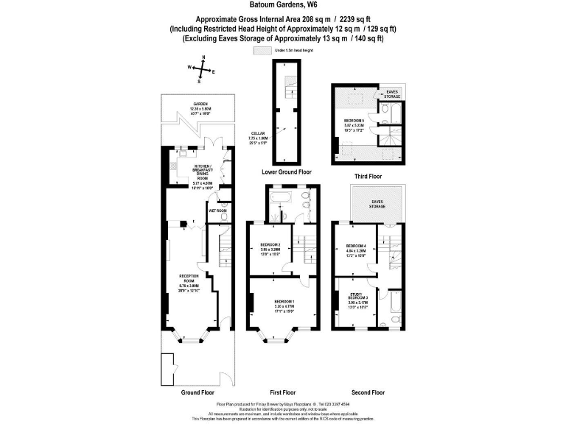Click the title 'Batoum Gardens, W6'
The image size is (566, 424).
[x=282, y=6]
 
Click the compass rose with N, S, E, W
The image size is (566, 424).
[x=200, y=71]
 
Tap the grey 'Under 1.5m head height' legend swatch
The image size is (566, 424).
[x=262, y=50]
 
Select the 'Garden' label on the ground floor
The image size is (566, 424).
[x=200, y=107]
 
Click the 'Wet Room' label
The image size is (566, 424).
[x=217, y=211]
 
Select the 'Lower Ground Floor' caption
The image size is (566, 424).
[x=286, y=172]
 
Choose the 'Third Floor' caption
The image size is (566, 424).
[x=367, y=177]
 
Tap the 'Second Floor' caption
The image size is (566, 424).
[x=368, y=392]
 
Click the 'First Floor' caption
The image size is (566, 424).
[x=283, y=392]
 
